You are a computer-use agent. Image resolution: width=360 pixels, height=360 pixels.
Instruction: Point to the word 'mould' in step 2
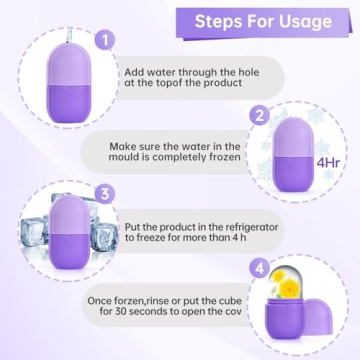pyautogui.click(x=129, y=158)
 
